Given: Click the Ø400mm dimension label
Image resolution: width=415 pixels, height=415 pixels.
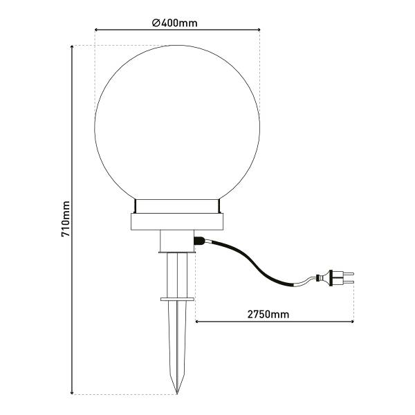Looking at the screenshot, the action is click(x=175, y=23).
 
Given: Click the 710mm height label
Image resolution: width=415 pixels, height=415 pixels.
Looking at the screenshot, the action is click(x=66, y=219).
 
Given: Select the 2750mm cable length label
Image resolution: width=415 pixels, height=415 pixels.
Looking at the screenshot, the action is click(x=268, y=315).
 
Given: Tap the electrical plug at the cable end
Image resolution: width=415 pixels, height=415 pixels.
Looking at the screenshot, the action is click(x=335, y=278).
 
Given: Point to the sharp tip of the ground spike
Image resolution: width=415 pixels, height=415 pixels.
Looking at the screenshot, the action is click(x=177, y=394).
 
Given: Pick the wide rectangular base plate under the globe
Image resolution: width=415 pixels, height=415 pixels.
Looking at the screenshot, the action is click(x=177, y=221).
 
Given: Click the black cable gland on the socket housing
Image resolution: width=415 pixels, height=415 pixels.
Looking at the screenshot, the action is click(x=199, y=241).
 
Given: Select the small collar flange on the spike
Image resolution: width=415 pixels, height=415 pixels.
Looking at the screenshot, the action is click(x=177, y=299).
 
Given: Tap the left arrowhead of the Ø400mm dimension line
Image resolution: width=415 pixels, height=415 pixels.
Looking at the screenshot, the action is click(x=96, y=30).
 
